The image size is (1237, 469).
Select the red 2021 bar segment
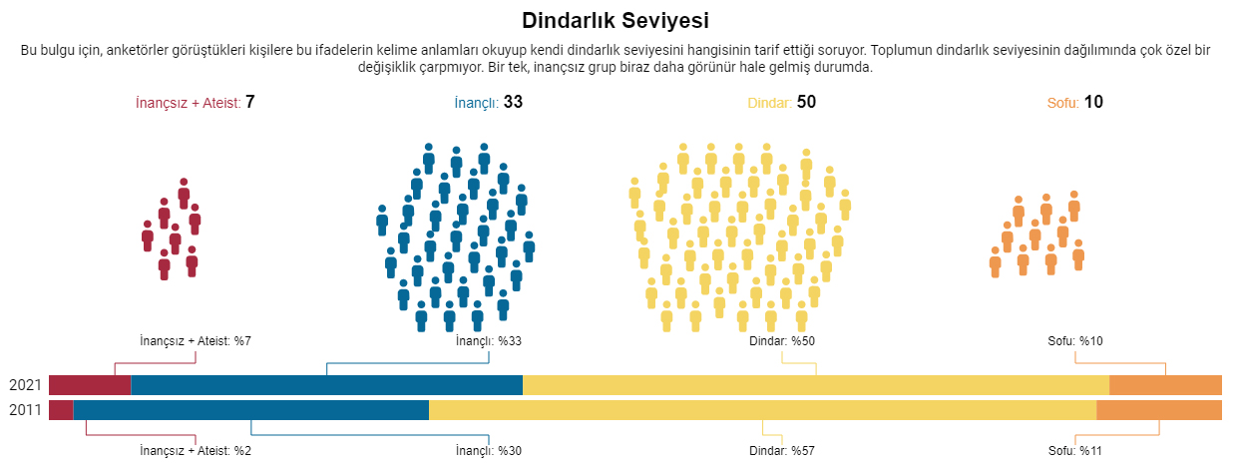(90, 385)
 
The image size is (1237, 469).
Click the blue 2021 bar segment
(326, 385)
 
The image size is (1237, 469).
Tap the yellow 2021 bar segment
(815, 385)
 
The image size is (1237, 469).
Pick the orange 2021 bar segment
(1164, 385)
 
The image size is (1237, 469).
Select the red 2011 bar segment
(61, 410)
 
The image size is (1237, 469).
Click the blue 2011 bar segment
(250, 410)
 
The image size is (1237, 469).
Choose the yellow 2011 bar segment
(762, 410)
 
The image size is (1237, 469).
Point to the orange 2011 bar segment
(1158, 410)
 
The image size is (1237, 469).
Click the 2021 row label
(24, 385)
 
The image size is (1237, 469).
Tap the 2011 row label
(24, 410)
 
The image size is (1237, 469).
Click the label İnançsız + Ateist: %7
(196, 341)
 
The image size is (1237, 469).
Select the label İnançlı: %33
(489, 341)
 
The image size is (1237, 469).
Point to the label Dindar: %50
(782, 341)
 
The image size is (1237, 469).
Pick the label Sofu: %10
(1075, 341)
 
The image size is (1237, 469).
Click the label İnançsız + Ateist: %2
(196, 451)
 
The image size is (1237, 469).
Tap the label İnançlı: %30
(489, 451)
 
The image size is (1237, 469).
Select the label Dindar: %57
(782, 451)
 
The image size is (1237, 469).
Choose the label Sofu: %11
(1075, 451)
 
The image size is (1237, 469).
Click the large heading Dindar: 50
(782, 102)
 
